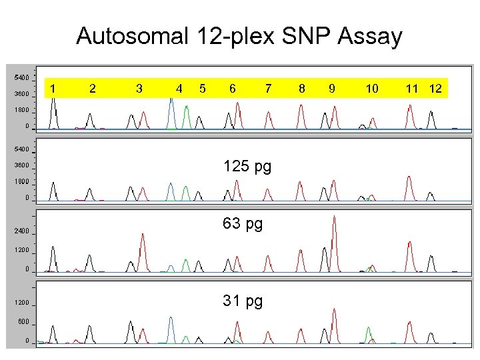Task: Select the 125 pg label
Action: (x=247, y=165)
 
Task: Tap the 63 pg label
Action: (x=243, y=223)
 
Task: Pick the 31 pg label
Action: (x=243, y=301)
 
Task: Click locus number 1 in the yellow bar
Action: (x=53, y=88)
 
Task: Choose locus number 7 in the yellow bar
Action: (x=268, y=88)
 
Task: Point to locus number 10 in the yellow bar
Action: (x=372, y=88)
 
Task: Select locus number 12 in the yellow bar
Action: (x=435, y=88)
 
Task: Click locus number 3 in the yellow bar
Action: (x=139, y=88)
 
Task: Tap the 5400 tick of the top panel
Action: (x=21, y=77)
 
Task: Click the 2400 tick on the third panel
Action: (x=21, y=231)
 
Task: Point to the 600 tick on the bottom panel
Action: (x=23, y=322)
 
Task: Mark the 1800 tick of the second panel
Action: (x=21, y=181)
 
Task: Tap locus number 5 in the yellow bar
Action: (x=203, y=88)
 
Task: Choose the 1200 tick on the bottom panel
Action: (x=21, y=303)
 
